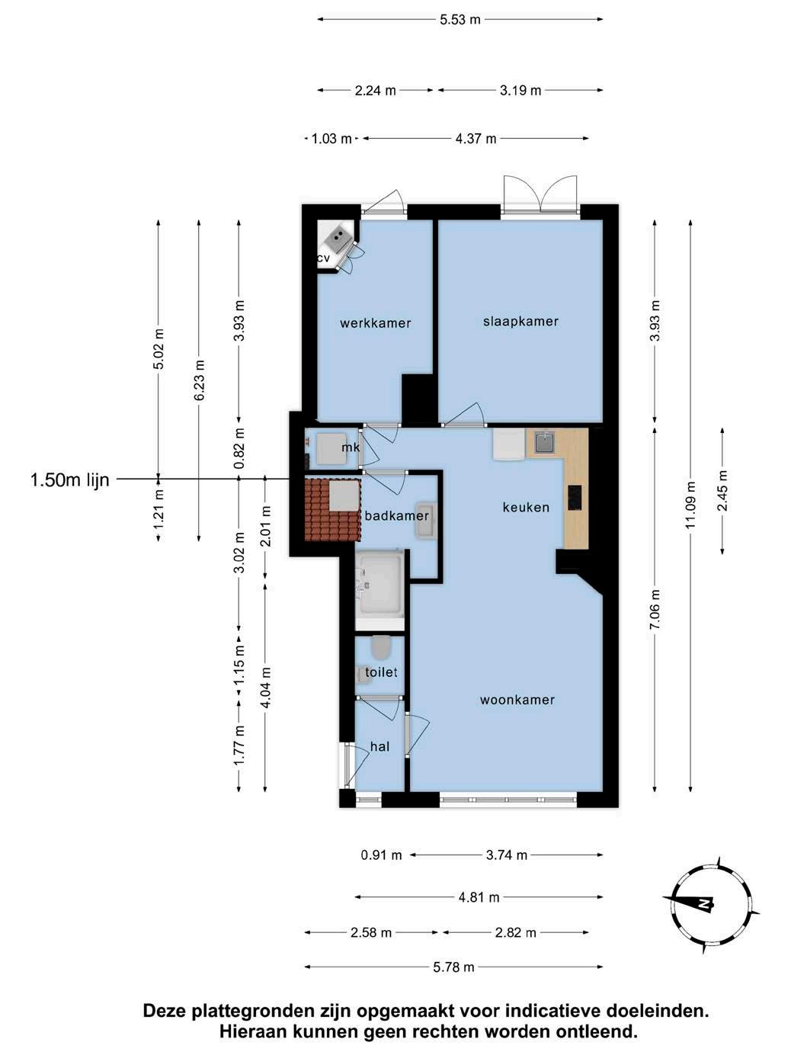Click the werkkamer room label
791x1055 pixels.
[x=375, y=323]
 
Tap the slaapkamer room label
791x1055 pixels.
[x=520, y=322]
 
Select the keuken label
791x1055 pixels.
[x=526, y=507]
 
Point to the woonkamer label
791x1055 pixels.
[x=517, y=700]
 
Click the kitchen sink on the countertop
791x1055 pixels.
[x=543, y=443]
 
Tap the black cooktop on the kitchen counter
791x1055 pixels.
[x=575, y=498]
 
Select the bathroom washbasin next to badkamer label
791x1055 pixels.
[x=426, y=521]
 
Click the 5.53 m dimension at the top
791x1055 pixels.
[x=460, y=20]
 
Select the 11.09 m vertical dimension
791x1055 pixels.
[x=690, y=505]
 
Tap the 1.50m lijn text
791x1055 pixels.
[x=70, y=479]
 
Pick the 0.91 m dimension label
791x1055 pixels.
[x=381, y=855]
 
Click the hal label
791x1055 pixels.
[x=379, y=746]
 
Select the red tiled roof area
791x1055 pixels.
[x=332, y=509]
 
